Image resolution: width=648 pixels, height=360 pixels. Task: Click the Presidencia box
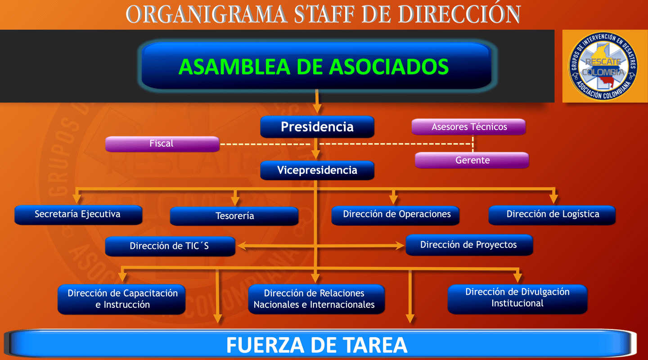317,127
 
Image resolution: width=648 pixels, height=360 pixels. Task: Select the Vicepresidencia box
317,171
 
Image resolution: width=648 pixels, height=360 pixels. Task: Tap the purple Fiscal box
162,144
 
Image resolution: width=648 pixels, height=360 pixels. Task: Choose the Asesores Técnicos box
469,127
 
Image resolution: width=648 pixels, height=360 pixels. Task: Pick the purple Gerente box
472,160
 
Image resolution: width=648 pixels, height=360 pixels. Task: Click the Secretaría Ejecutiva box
78,215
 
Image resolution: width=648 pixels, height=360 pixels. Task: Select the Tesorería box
234,216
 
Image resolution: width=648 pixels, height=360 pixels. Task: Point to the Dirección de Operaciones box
396,215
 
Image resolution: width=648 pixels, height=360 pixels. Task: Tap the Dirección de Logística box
552,215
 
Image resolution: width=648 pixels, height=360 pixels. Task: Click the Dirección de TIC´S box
170,246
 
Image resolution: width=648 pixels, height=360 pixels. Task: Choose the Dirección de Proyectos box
469,245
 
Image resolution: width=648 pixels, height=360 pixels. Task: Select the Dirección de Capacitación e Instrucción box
122,299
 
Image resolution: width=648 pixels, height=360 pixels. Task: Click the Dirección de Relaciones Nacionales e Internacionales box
316,299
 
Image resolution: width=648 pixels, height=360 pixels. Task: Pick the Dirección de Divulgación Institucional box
517,298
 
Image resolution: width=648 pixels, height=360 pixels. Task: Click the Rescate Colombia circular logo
603,66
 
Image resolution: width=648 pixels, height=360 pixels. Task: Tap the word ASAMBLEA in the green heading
234,67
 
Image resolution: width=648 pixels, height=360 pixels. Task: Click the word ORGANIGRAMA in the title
207,14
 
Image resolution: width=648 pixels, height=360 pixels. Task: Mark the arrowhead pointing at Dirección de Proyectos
400,246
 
